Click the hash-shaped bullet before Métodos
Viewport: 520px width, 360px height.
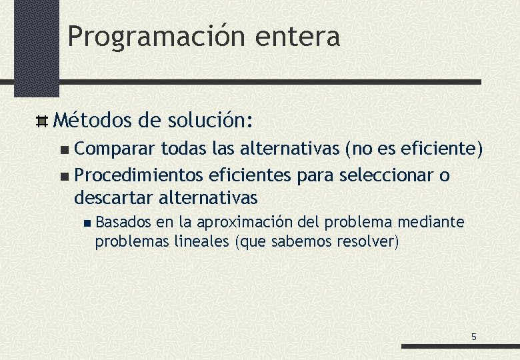[x=41, y=121]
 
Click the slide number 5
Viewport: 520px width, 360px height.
[x=474, y=337]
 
